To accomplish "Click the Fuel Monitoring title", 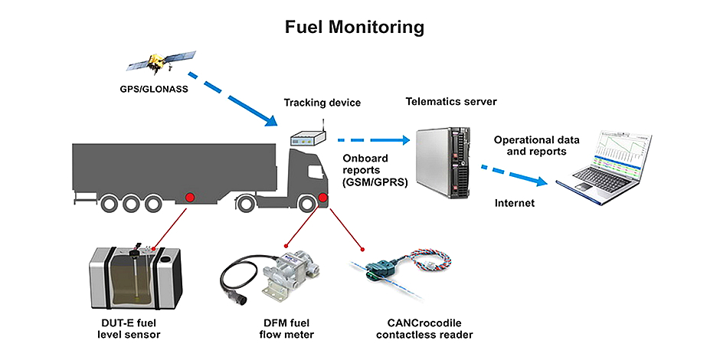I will tap(354, 28).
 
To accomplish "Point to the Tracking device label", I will tap(322, 103).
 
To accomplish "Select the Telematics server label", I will tap(451, 101).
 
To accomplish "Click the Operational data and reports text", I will tap(536, 146).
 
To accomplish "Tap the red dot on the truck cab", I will tap(322, 201).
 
